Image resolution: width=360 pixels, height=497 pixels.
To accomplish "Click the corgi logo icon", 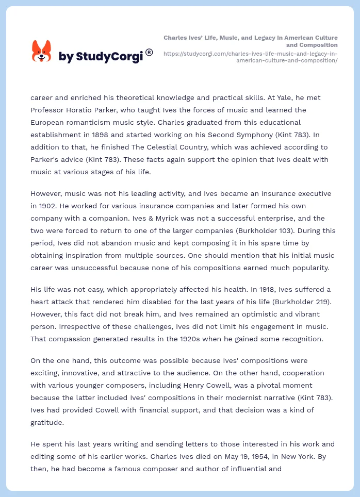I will pos(42,52).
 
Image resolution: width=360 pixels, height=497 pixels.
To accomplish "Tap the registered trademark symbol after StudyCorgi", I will pos(149,52).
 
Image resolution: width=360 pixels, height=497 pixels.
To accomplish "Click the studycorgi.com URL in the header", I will pos(251,57).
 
